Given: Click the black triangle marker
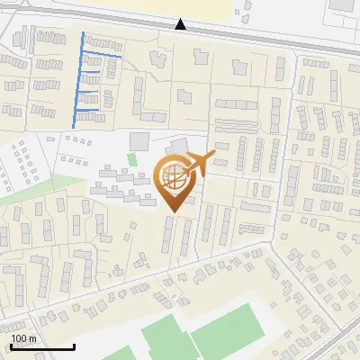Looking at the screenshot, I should pos(181,24).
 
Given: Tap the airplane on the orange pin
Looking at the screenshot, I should pos(198,163).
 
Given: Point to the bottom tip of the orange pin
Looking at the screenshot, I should pos(172,211).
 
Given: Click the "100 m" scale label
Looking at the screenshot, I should pos(22,338).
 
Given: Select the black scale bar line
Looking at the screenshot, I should pos(42,346).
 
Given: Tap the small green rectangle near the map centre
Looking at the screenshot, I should pos(132,160).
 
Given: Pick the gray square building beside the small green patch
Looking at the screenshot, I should pos(139,141).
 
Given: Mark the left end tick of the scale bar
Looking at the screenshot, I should pos(12,346).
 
